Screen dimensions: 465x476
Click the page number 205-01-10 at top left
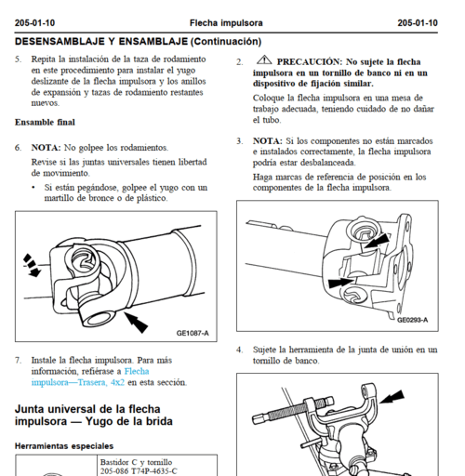pyautogui.click(x=34, y=23)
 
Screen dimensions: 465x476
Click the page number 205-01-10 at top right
pyautogui.click(x=418, y=23)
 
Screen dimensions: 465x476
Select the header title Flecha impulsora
pyautogui.click(x=226, y=23)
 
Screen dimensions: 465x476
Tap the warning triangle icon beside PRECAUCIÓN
pyautogui.click(x=264, y=59)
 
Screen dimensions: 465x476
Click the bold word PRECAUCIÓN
pyautogui.click(x=310, y=62)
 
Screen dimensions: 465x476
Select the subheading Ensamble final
pyautogui.click(x=45, y=122)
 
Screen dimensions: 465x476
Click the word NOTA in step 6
pyautogui.click(x=46, y=148)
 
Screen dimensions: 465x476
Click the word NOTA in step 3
pyautogui.click(x=268, y=141)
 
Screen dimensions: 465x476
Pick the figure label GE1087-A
pyautogui.click(x=193, y=333)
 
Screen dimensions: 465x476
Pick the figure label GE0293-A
pyautogui.click(x=412, y=320)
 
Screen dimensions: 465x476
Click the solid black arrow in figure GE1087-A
pyautogui.click(x=136, y=323)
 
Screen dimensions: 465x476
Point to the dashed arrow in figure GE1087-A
pyautogui.click(x=32, y=265)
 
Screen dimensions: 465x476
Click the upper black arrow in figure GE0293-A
pyautogui.click(x=377, y=241)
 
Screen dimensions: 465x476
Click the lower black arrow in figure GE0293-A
pyautogui.click(x=340, y=283)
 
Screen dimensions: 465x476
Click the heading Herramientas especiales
pyautogui.click(x=64, y=446)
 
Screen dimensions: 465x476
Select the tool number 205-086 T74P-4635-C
pyautogui.click(x=139, y=471)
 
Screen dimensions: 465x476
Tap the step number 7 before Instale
pyautogui.click(x=18, y=361)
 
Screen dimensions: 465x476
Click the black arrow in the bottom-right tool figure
pyautogui.click(x=392, y=397)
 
